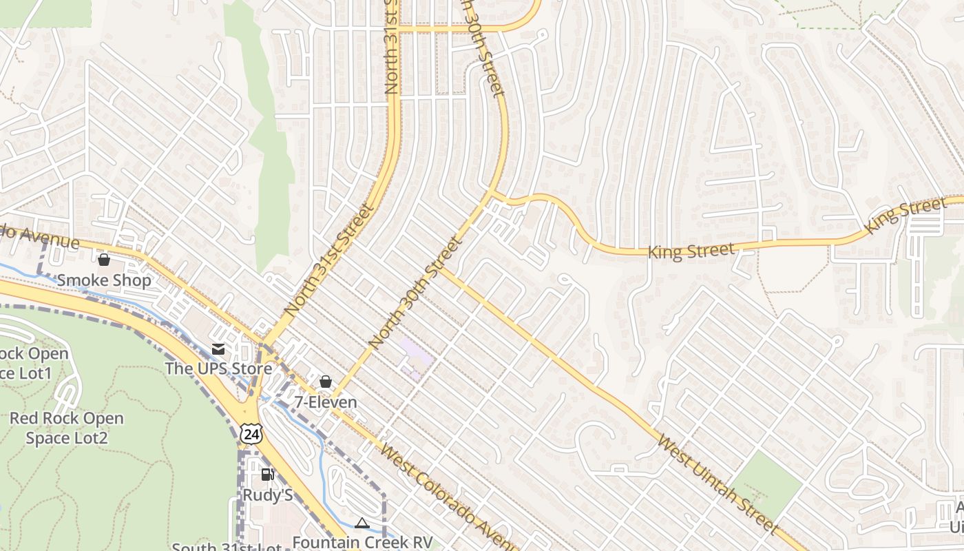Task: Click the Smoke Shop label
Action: click(104, 280)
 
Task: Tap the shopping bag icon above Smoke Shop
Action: click(104, 260)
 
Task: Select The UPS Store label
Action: click(218, 368)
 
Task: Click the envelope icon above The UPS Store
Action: click(218, 349)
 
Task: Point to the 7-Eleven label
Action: click(326, 402)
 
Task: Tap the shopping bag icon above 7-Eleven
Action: click(326, 382)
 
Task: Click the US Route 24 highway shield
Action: click(251, 433)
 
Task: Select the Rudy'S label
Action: click(268, 495)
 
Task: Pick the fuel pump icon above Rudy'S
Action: click(267, 475)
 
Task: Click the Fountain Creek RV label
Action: click(362, 542)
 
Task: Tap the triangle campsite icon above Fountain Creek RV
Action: click(361, 523)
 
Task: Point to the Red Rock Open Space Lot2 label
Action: click(67, 428)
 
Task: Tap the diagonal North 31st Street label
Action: click(330, 260)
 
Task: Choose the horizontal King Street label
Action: click(691, 250)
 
